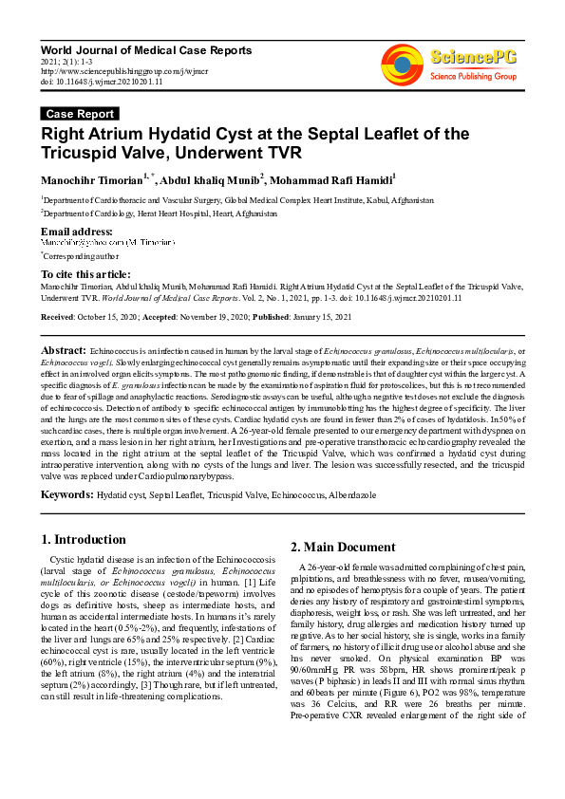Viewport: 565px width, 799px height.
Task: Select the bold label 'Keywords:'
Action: pos(66,494)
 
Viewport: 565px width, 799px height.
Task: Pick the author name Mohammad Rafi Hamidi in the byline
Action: pos(335,178)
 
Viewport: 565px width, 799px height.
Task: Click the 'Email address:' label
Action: pos(77,232)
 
